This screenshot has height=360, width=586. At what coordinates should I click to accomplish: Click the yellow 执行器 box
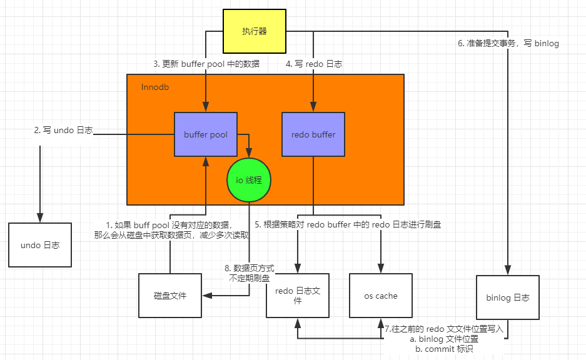point(254,31)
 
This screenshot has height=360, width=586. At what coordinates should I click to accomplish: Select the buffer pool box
point(205,134)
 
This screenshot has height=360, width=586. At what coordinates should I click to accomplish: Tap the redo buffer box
point(313,134)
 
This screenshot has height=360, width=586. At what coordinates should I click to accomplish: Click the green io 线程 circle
point(248,180)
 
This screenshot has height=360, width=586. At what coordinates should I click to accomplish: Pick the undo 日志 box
point(39,245)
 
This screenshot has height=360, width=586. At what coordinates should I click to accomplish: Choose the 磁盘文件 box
point(169,295)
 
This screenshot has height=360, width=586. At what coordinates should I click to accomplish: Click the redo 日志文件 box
point(298,296)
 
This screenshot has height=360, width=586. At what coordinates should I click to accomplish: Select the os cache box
point(381,296)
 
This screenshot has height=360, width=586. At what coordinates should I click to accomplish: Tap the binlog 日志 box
point(507,297)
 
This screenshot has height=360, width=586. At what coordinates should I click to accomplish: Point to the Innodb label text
point(155,87)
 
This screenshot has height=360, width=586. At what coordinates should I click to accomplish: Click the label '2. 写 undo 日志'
point(63,130)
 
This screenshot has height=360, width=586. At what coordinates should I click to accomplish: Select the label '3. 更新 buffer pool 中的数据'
point(206,64)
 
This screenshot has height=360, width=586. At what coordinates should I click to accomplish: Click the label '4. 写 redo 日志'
point(314,64)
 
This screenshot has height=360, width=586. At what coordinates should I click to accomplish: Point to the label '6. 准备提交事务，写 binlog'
point(508,44)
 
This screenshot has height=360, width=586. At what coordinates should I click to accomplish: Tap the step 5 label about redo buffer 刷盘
point(348,224)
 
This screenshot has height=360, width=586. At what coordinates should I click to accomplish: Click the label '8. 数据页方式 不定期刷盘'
point(249,272)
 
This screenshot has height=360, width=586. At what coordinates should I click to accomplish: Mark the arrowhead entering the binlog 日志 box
point(507,269)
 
